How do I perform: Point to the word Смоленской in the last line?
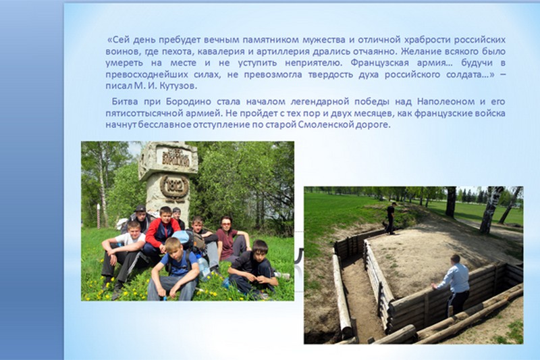[x=325, y=124]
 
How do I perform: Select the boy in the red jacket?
[x=161, y=231]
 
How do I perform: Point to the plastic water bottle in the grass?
[x=204, y=268]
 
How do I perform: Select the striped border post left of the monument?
[x=99, y=216]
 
